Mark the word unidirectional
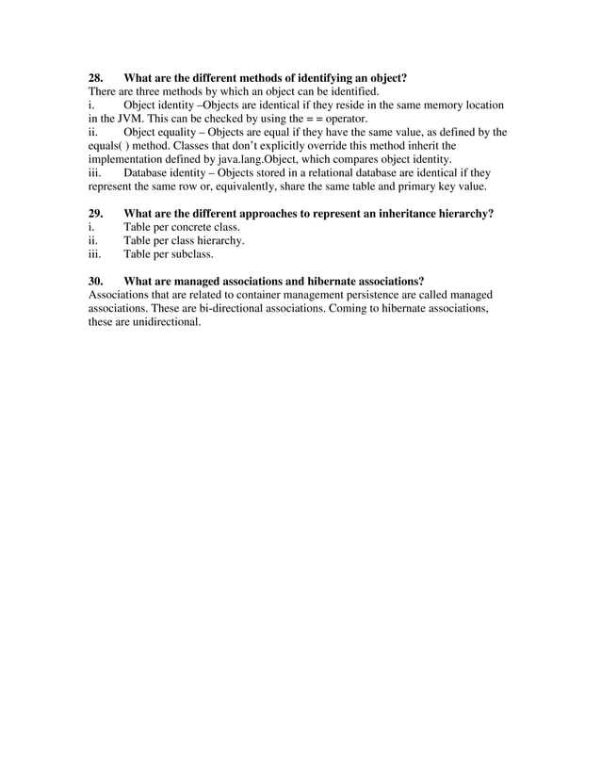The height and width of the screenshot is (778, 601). click(169, 322)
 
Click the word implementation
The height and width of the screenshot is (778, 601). click(116, 160)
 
